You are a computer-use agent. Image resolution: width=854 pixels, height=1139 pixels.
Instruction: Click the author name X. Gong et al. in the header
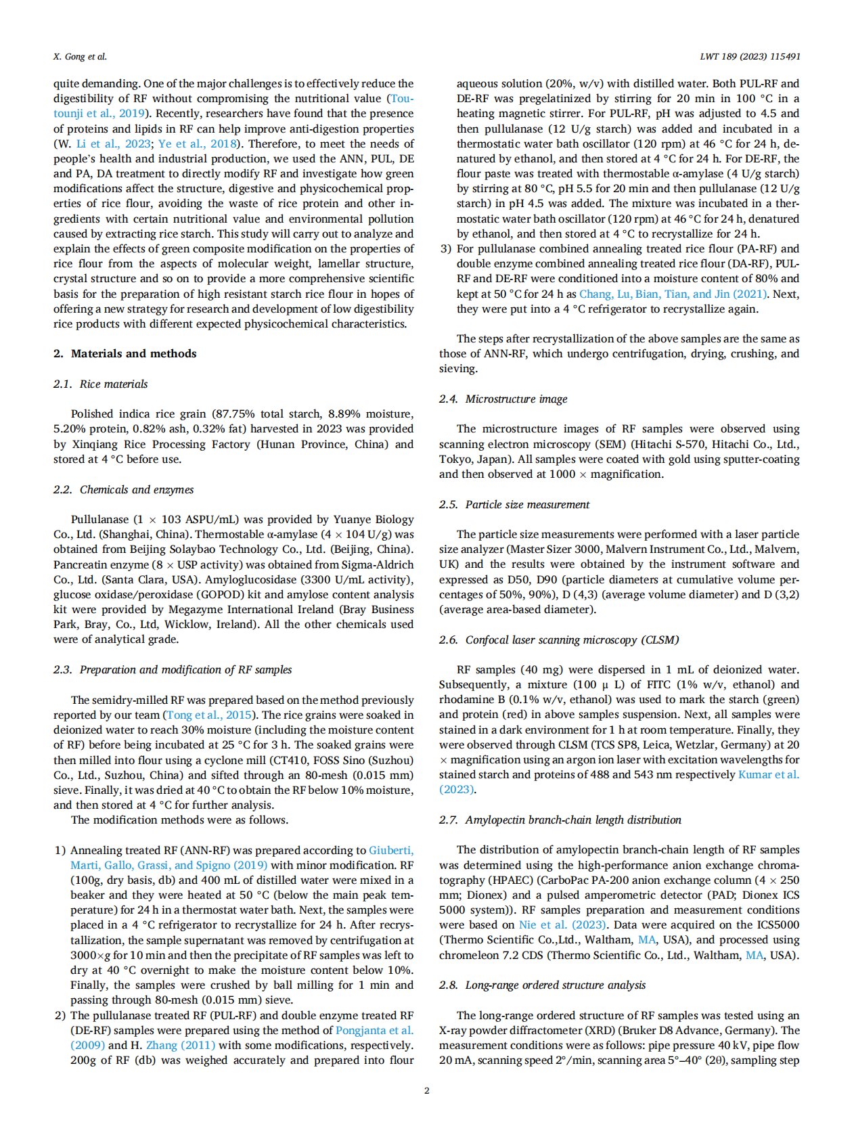tap(80, 57)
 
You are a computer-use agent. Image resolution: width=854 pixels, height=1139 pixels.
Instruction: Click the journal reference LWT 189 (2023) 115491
tap(750, 57)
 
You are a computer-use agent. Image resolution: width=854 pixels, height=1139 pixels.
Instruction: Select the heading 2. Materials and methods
tap(125, 353)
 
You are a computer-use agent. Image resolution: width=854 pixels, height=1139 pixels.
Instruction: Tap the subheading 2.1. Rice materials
tap(100, 384)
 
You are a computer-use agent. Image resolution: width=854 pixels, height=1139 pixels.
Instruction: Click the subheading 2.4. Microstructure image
tap(503, 399)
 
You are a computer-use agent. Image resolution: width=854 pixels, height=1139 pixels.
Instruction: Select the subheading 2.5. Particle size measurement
tap(514, 504)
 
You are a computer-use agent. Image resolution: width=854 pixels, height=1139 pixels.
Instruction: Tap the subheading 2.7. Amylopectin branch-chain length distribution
tap(560, 820)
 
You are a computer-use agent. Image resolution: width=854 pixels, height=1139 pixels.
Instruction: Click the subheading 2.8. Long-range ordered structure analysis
tap(542, 985)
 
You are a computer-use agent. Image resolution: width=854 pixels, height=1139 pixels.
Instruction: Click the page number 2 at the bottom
tap(427, 1090)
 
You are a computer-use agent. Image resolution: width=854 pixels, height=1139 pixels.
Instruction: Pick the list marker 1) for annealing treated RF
tap(60, 850)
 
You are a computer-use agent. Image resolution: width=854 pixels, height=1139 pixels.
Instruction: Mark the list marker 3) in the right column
tap(445, 248)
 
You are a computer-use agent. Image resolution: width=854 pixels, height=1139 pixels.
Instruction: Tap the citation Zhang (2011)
tap(181, 1045)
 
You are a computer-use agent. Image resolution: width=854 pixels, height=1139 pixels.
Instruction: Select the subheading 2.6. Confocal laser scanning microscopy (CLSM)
tap(558, 640)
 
